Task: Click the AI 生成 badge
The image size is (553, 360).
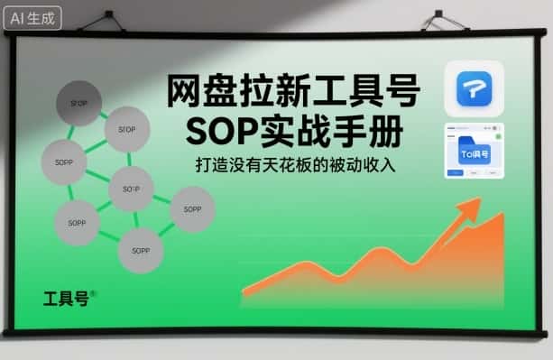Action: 32,16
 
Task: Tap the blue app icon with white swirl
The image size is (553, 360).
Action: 474,88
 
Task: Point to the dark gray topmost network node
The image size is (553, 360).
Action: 78,101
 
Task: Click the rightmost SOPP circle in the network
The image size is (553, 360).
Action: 191,209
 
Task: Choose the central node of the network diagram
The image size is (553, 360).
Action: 131,189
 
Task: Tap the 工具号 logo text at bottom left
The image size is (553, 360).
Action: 67,299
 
